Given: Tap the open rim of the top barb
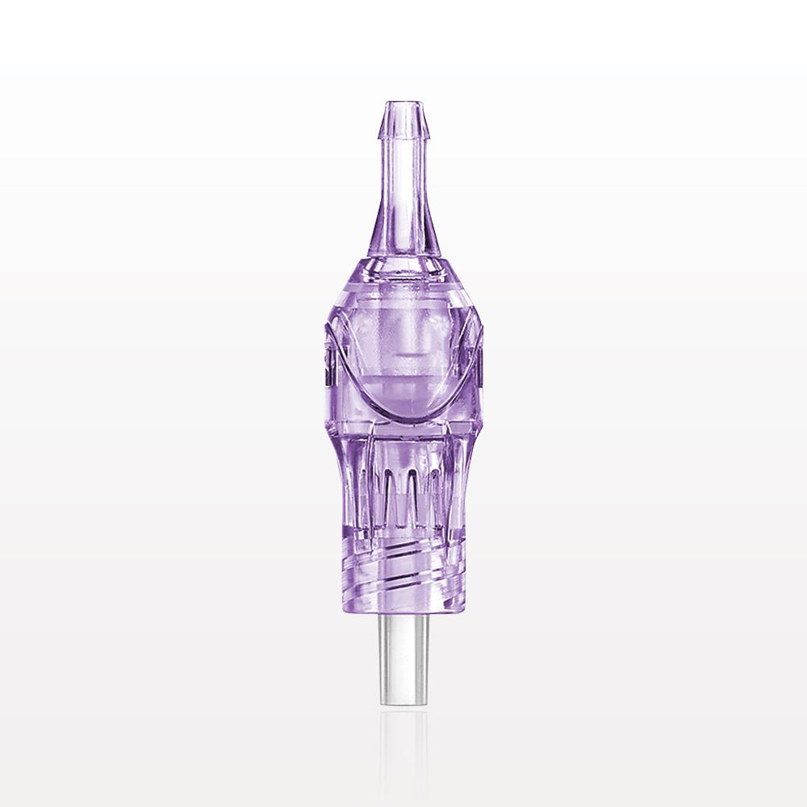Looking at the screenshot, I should (x=401, y=102).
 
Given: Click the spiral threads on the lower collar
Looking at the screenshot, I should (x=401, y=557).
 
